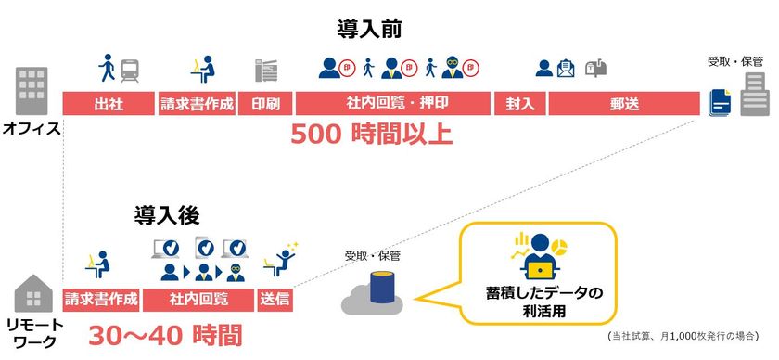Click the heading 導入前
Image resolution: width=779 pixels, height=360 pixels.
coord(369,28)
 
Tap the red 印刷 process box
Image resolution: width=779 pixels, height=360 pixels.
coord(267,103)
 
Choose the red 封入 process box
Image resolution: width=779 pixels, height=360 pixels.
coord(520,103)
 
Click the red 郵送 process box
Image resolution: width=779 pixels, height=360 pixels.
coord(624,103)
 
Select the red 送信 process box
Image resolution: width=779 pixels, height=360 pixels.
coord(275,300)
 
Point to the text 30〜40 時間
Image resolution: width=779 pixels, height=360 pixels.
coord(165,334)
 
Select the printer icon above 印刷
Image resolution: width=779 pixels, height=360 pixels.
coord(267,71)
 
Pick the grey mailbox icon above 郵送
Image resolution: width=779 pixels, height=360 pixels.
coord(596,68)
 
